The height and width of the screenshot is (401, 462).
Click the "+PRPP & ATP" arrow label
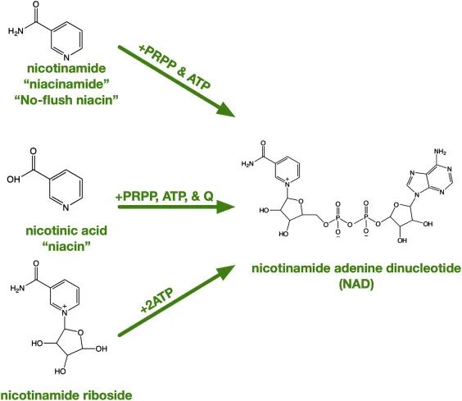pos(174,67)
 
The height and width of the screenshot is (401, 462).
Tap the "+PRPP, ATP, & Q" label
pos(165,196)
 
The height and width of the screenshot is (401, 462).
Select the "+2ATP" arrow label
pos(156,299)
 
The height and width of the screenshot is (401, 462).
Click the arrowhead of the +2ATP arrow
pos(226,271)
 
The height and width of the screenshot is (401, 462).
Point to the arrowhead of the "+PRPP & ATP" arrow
pos(226,111)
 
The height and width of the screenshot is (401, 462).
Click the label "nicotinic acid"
pos(66,230)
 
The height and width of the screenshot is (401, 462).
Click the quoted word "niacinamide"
pos(66,84)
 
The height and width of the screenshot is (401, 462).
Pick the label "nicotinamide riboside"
pos(66,394)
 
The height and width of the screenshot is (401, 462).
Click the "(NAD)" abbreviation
pos(356,285)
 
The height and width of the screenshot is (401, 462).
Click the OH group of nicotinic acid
pos(14,179)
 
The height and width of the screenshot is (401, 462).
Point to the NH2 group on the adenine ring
pos(440,152)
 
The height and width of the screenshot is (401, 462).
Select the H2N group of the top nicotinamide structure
pos(16,31)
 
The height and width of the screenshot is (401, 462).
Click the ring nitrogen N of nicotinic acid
pos(66,207)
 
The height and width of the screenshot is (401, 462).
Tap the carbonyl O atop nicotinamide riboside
pos(36,263)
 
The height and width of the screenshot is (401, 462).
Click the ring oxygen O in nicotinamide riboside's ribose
pos(80,333)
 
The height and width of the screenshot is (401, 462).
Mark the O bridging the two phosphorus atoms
pos(350,225)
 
